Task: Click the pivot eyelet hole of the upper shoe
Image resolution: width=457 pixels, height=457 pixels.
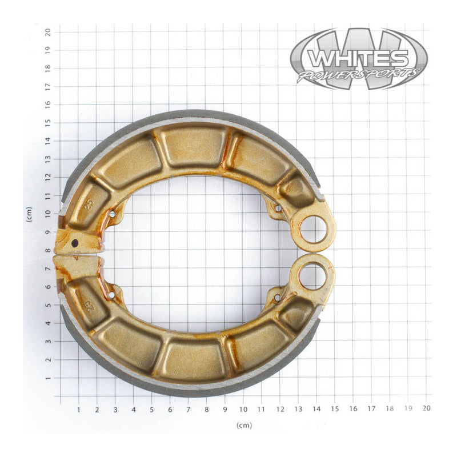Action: point(313,229)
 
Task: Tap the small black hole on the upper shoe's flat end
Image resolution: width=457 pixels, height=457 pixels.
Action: point(75,243)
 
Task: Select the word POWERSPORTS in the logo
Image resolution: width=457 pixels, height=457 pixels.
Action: point(358,74)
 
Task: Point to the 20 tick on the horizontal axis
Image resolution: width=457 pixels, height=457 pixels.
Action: point(426,408)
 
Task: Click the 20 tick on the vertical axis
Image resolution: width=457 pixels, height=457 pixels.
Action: point(49,32)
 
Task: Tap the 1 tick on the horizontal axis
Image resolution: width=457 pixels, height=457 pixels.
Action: point(78,408)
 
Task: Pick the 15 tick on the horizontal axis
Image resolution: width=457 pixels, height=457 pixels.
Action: point(335,408)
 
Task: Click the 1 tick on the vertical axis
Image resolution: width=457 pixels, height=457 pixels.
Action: point(49,379)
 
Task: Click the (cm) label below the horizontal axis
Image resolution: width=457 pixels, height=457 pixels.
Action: point(244,426)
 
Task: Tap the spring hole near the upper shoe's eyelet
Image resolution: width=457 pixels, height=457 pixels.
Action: point(278,208)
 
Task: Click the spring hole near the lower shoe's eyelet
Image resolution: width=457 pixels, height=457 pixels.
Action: point(278,298)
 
